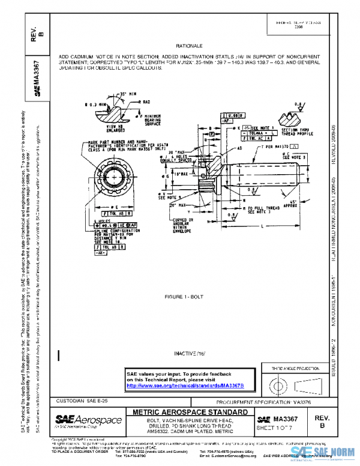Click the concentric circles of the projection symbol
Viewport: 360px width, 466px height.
[278, 383]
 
